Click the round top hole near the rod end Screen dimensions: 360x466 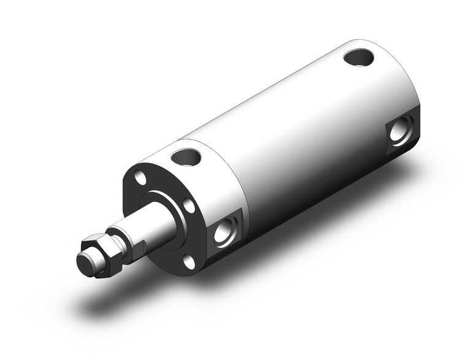[187, 158]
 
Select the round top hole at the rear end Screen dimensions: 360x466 [359, 58]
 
